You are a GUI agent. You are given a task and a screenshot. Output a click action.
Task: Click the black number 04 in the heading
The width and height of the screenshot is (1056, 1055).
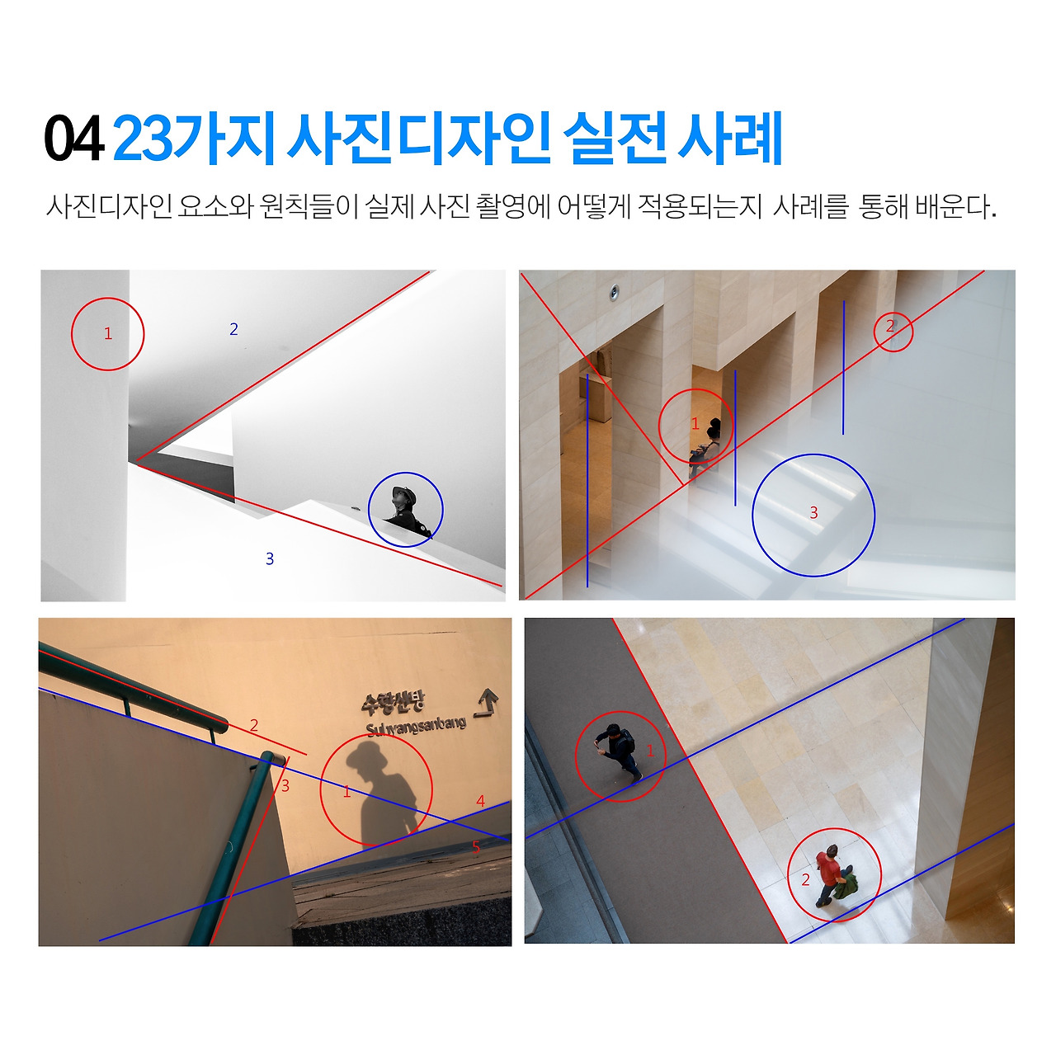click(x=74, y=139)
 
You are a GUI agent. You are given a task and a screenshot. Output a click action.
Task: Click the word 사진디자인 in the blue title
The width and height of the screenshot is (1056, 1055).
click(x=418, y=139)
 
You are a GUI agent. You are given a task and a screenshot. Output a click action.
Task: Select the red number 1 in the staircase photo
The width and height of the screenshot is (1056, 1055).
click(x=108, y=333)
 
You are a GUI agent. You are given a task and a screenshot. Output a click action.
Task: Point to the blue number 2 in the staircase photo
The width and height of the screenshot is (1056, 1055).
click(x=233, y=329)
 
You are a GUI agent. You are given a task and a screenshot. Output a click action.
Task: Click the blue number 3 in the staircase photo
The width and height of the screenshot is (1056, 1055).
click(x=270, y=558)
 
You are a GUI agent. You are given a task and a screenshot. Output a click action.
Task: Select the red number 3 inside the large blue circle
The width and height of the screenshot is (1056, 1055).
click(x=813, y=512)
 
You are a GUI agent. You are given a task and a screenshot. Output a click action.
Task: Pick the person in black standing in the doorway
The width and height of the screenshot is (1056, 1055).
click(x=706, y=445)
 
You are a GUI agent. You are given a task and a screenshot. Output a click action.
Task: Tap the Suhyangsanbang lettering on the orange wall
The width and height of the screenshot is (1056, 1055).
click(x=416, y=727)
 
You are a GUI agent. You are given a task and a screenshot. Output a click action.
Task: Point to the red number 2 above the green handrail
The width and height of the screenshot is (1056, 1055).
click(x=254, y=725)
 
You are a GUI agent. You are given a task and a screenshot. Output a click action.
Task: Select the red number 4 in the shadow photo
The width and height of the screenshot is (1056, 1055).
click(x=481, y=801)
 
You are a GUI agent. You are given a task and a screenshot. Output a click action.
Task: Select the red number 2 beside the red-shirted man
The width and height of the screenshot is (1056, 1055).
click(x=805, y=879)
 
